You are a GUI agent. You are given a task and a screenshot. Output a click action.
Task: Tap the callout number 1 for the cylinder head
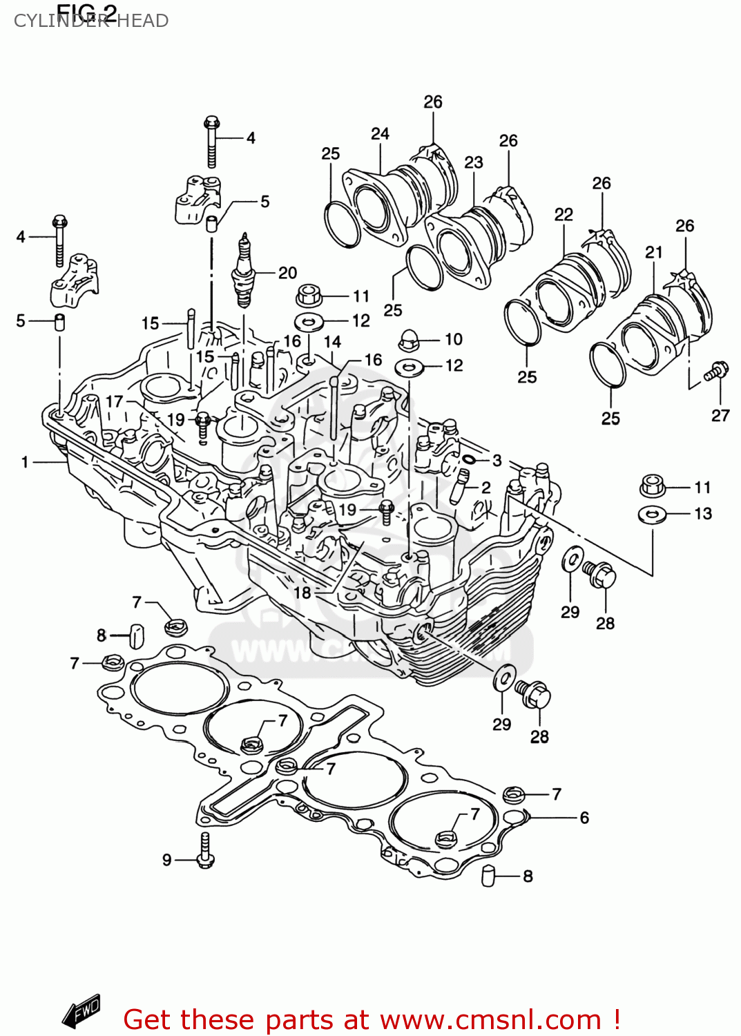tap(25, 462)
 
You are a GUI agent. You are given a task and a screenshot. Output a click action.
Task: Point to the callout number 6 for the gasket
tap(584, 818)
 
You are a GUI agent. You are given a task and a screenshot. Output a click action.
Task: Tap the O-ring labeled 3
tap(469, 459)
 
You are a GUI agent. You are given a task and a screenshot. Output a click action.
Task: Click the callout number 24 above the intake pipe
tap(380, 133)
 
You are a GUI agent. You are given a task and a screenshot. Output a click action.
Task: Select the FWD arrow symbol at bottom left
tap(81, 1012)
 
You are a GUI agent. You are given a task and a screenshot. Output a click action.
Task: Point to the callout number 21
tap(653, 252)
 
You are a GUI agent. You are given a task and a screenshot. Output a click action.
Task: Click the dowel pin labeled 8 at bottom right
tap(489, 876)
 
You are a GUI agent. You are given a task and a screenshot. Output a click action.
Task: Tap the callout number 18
tap(302, 593)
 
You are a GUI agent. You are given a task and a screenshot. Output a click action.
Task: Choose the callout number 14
tap(332, 342)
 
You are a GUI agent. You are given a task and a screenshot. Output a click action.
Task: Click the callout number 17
tap(114, 401)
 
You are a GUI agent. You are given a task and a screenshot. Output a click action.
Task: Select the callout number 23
tap(473, 162)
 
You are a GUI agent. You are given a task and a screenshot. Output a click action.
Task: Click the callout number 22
tap(564, 214)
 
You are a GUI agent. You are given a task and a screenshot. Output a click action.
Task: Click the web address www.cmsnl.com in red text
tap(490, 1019)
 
